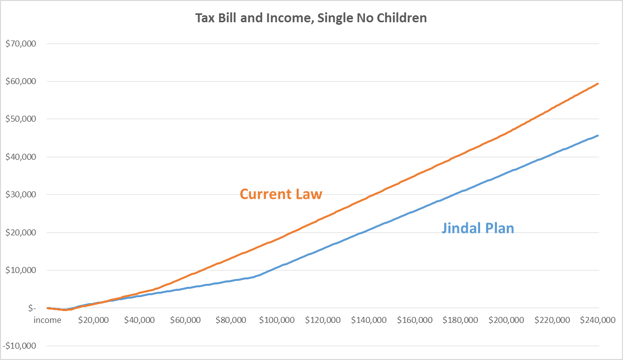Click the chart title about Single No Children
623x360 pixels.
point(311,19)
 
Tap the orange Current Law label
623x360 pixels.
point(281,194)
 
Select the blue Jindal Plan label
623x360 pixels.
point(478,228)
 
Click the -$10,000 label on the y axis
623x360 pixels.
point(20,346)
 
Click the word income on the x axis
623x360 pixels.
point(47,320)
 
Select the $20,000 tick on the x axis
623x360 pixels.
point(93,320)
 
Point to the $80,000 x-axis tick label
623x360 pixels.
point(231,320)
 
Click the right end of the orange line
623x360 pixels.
point(598,84)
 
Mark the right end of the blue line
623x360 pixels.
point(598,135)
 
